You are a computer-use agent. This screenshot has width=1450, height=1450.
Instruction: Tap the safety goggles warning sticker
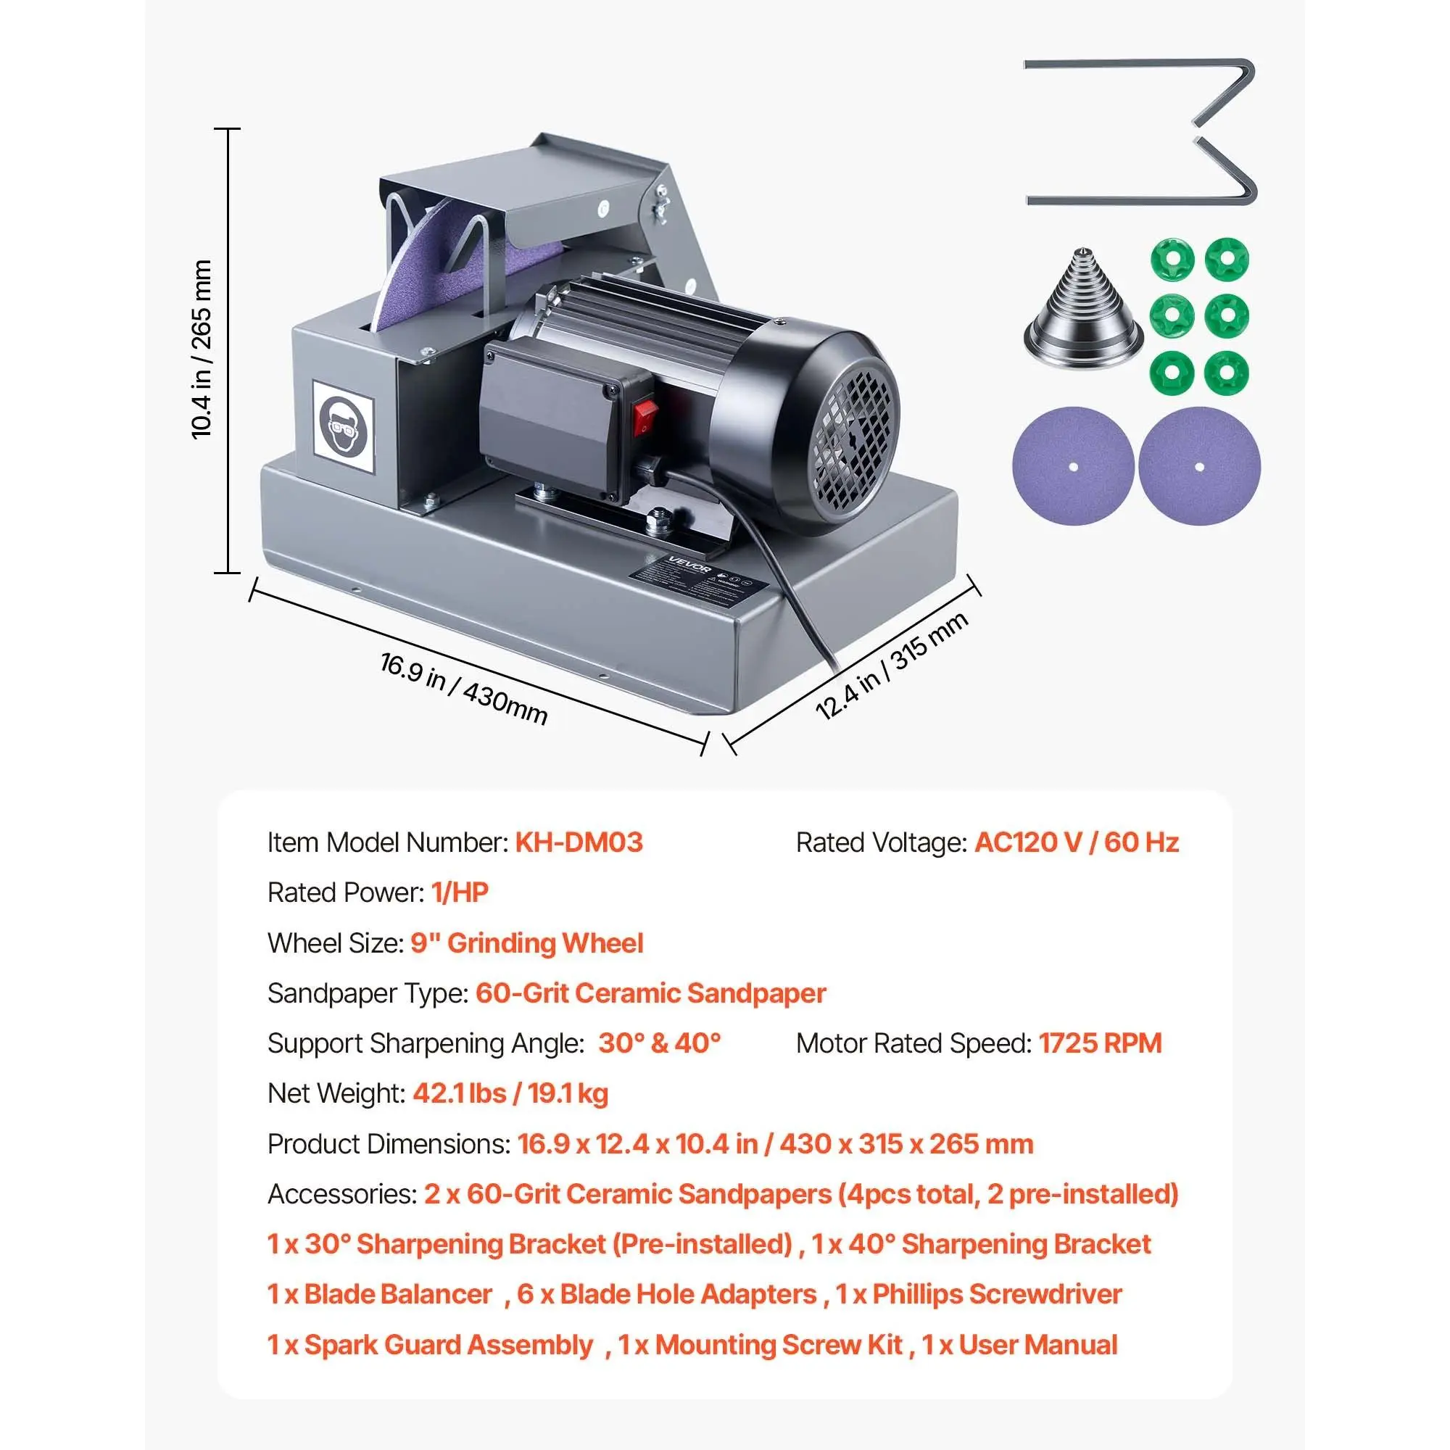342,427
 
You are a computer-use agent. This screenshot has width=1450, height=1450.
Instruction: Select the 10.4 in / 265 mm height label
201,349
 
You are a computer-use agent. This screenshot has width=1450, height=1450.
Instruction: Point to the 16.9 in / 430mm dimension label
464,688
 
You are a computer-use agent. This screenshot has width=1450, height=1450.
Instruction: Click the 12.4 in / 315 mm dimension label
892,666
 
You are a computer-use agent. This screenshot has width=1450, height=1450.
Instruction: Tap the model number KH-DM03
579,842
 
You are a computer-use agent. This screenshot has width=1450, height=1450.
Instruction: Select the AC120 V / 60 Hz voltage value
1076,842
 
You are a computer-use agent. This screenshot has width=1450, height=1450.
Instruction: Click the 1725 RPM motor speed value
1100,1043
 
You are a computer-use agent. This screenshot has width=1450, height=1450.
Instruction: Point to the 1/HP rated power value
460,892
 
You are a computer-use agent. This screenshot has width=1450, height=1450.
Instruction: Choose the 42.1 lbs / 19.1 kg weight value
510,1093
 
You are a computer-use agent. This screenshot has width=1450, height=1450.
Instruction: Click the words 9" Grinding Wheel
527,942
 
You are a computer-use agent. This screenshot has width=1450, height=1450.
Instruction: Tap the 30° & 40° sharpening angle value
659,1043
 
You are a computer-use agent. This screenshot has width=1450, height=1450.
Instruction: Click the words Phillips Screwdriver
997,1294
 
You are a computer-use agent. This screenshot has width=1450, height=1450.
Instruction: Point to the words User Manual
1038,1344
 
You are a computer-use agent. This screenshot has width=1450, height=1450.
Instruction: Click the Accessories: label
342,1194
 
